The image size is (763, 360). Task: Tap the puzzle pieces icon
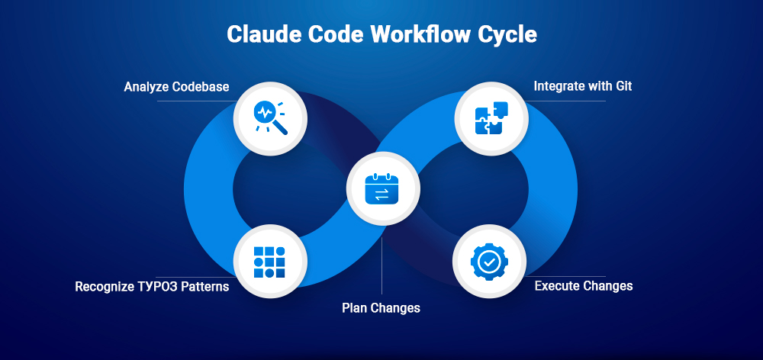[x=491, y=118]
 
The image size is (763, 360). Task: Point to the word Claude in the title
[x=261, y=35]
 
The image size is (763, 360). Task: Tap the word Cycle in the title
[x=508, y=35]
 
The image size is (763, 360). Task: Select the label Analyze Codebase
[x=176, y=87]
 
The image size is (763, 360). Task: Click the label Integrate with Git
[x=582, y=86]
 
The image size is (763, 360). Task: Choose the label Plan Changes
[x=381, y=308]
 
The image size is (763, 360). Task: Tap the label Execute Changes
[x=583, y=286]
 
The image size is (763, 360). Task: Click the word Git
[x=623, y=86]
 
